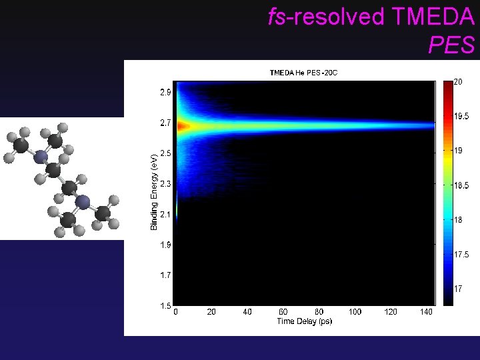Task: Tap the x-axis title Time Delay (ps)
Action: [x=304, y=321]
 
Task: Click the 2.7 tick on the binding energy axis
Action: [x=165, y=123]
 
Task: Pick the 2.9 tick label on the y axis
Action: [x=165, y=93]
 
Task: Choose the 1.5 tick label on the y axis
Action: [x=165, y=305]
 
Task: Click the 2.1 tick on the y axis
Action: [x=165, y=215]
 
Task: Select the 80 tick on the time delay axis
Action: [x=319, y=312]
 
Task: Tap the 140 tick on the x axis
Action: [x=427, y=312]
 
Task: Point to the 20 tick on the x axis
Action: [x=211, y=312]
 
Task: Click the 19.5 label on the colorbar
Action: [x=461, y=116]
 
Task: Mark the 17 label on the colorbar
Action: [x=459, y=289]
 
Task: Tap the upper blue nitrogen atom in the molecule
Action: [x=41, y=156]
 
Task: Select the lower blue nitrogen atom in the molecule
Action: [x=83, y=201]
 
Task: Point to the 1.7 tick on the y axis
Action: [x=165, y=275]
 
